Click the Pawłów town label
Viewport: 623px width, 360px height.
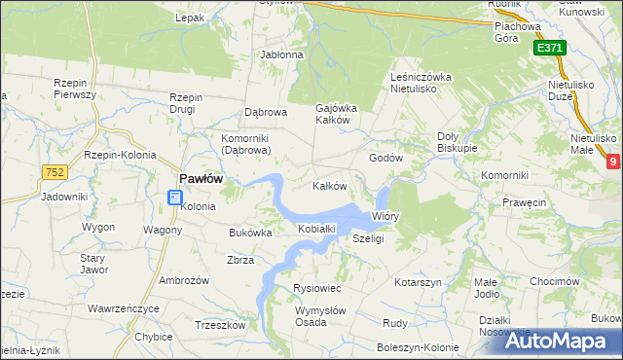tap(202, 178)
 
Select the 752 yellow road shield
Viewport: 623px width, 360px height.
tap(55, 172)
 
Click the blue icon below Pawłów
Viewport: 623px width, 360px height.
tap(174, 198)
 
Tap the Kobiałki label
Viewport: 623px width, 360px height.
tap(316, 229)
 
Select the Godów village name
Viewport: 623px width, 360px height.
tap(385, 158)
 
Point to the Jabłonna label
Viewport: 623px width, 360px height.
tap(281, 54)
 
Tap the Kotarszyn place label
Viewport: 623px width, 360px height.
tap(419, 282)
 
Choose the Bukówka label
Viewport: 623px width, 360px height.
tap(250, 234)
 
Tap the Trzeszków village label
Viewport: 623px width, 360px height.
tap(217, 325)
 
